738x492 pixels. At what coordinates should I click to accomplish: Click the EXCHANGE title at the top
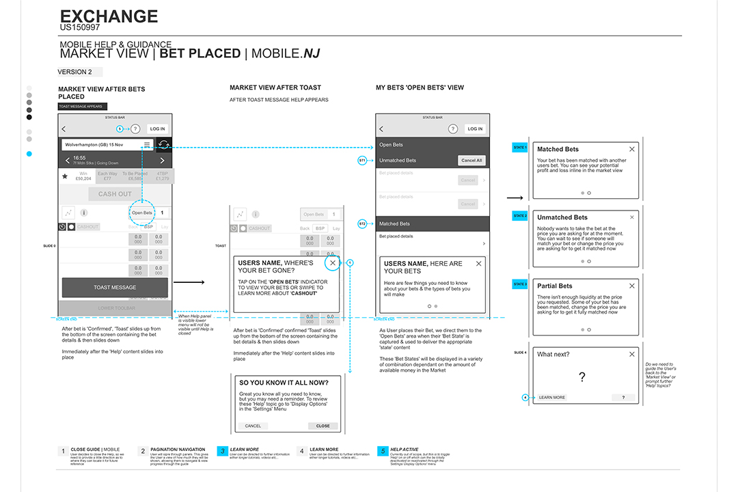[x=109, y=16]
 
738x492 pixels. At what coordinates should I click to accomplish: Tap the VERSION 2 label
[x=74, y=72]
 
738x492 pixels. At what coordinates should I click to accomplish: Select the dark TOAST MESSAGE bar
[x=115, y=288]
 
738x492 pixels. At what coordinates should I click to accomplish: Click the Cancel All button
[x=472, y=161]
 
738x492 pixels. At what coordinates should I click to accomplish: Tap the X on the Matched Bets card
[x=632, y=149]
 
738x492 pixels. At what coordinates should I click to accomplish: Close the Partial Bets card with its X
[x=632, y=286]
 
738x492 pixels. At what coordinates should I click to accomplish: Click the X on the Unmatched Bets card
[x=632, y=217]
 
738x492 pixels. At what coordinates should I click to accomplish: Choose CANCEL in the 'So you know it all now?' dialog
[x=253, y=426]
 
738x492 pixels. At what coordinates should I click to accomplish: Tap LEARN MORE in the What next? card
[x=552, y=397]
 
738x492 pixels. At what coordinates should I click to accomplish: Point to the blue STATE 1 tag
[x=520, y=148]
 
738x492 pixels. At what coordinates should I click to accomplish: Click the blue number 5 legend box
[x=383, y=451]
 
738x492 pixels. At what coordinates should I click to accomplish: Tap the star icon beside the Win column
[x=66, y=176]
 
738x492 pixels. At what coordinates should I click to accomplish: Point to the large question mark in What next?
[x=582, y=377]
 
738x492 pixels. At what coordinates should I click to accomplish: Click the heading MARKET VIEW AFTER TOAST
[x=275, y=87]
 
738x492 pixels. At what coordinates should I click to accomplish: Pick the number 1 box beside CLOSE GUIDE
[x=63, y=451]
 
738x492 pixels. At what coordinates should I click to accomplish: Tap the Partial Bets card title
[x=555, y=286]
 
